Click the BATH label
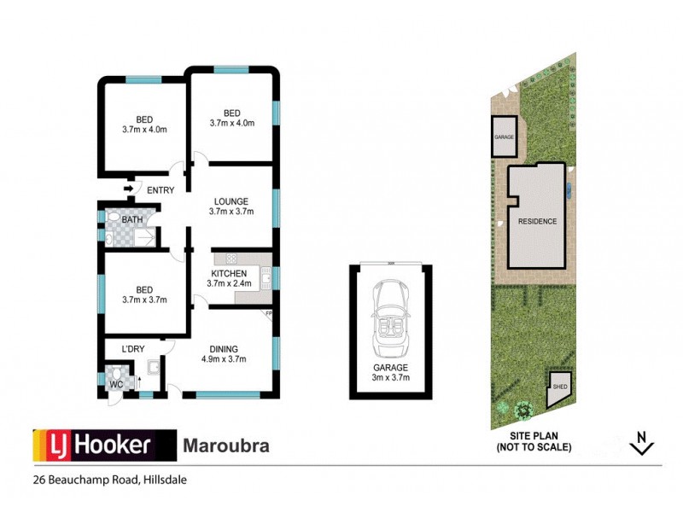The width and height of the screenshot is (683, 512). click(x=132, y=220)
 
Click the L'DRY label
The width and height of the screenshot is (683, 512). click(x=132, y=350)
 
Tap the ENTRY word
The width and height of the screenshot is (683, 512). click(x=161, y=190)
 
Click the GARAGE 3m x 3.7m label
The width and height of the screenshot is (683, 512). click(x=390, y=372)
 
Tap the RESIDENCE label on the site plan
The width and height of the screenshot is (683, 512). click(x=537, y=222)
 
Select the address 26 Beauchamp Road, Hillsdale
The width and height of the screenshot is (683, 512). click(x=109, y=480)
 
